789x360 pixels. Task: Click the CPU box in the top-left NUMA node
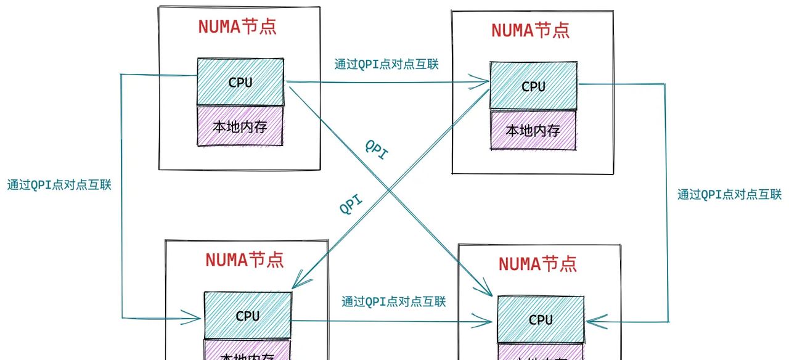pyautogui.click(x=240, y=81)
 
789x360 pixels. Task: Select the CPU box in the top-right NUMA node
pyautogui.click(x=533, y=86)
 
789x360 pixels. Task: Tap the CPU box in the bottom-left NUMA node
pyautogui.click(x=247, y=315)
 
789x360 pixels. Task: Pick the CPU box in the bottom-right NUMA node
pyautogui.click(x=541, y=319)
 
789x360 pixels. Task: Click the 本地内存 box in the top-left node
pyautogui.click(x=240, y=126)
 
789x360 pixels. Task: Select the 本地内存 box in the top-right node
pyautogui.click(x=533, y=130)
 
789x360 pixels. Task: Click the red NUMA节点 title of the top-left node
pyautogui.click(x=237, y=27)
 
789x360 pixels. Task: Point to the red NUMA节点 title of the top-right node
pyautogui.click(x=530, y=30)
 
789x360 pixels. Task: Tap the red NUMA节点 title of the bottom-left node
pyautogui.click(x=245, y=259)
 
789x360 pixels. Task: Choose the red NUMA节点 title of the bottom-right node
pyautogui.click(x=538, y=263)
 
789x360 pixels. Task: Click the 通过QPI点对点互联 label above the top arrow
pyautogui.click(x=386, y=63)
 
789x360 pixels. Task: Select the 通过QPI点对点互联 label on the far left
pyautogui.click(x=59, y=184)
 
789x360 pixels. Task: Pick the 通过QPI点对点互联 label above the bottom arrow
pyautogui.click(x=394, y=301)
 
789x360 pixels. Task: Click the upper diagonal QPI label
pyautogui.click(x=377, y=150)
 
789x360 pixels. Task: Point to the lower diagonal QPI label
pyautogui.click(x=351, y=204)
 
